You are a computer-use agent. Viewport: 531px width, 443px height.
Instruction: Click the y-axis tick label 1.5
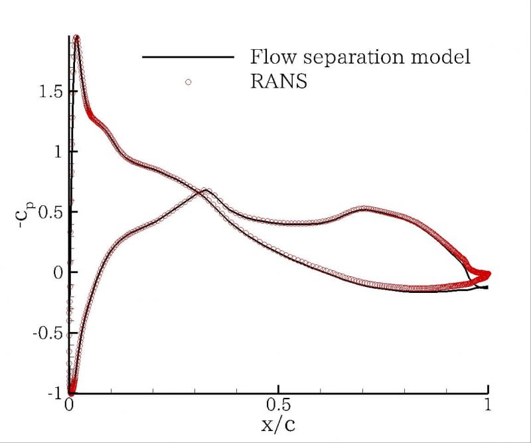(x=48, y=91)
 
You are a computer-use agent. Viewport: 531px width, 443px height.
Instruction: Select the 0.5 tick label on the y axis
(x=48, y=212)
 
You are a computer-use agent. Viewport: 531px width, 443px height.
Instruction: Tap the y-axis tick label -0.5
(x=44, y=333)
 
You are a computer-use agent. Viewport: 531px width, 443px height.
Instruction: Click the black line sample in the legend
(x=188, y=58)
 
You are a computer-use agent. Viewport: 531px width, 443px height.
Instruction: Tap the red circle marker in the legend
(x=188, y=82)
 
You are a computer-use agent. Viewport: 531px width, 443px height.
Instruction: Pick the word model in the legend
(x=442, y=57)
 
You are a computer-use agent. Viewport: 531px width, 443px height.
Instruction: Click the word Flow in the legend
(x=272, y=57)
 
